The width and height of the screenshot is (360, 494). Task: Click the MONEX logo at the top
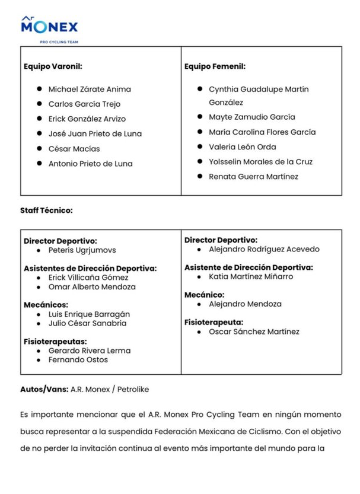click(x=49, y=27)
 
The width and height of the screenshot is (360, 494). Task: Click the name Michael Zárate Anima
click(x=90, y=89)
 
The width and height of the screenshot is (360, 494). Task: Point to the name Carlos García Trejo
click(x=84, y=104)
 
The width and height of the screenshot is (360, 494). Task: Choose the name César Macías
click(x=74, y=148)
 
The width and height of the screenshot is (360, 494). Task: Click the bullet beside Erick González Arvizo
click(x=39, y=119)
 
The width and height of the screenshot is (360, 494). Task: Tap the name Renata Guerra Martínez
click(x=253, y=176)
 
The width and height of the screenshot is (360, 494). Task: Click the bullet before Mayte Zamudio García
click(x=200, y=117)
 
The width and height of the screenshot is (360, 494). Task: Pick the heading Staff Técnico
click(x=46, y=210)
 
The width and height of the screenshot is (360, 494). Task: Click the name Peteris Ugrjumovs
click(x=82, y=250)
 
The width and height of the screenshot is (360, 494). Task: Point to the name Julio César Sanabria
click(x=87, y=323)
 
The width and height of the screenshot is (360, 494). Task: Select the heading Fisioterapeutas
click(x=55, y=341)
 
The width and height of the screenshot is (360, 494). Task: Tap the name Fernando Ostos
click(x=78, y=359)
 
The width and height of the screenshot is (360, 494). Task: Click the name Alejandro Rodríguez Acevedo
click(x=264, y=249)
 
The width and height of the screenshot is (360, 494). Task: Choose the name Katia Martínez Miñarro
click(x=251, y=276)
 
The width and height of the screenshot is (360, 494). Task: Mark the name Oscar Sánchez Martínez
click(x=254, y=332)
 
